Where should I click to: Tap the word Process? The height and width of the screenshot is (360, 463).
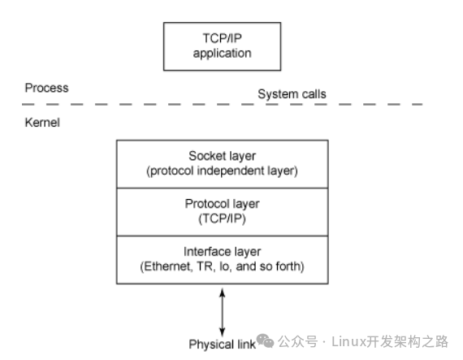pyautogui.click(x=46, y=88)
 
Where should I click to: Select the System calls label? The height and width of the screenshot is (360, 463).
pyautogui.click(x=292, y=94)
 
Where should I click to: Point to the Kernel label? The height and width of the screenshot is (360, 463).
pyautogui.click(x=42, y=122)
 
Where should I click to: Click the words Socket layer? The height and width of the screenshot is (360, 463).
pyautogui.click(x=222, y=156)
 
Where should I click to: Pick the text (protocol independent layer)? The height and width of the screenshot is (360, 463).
pyautogui.click(x=222, y=171)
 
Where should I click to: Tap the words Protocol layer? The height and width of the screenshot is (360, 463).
pyautogui.click(x=222, y=204)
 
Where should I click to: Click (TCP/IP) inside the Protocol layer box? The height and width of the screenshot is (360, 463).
pyautogui.click(x=222, y=219)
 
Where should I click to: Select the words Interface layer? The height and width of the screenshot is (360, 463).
pyautogui.click(x=222, y=252)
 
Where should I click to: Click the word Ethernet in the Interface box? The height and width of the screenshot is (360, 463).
pyautogui.click(x=167, y=267)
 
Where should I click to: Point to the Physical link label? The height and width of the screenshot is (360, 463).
pyautogui.click(x=222, y=345)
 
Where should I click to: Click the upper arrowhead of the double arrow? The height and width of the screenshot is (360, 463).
pyautogui.click(x=223, y=293)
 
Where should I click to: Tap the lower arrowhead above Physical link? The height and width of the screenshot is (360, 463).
pyautogui.click(x=223, y=332)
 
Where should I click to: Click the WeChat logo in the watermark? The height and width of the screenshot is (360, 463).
pyautogui.click(x=265, y=340)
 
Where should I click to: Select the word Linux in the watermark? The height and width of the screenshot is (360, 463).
pyautogui.click(x=348, y=341)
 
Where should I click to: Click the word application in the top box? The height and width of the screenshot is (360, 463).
pyautogui.click(x=222, y=54)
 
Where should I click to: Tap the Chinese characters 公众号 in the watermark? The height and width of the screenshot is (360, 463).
pyautogui.click(x=297, y=341)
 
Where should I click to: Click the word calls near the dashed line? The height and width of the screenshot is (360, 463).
pyautogui.click(x=313, y=94)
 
